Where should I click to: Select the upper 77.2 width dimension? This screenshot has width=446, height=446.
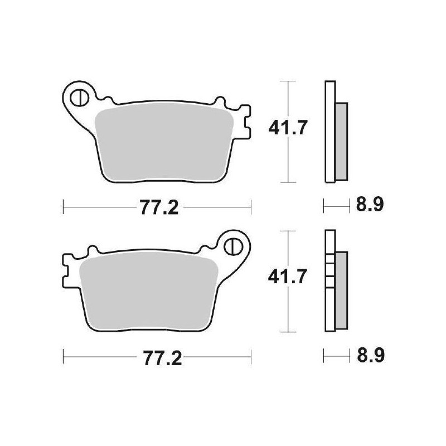click(158, 207)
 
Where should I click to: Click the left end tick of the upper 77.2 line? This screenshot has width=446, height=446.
click(65, 207)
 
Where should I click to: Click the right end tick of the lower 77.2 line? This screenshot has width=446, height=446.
click(251, 356)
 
